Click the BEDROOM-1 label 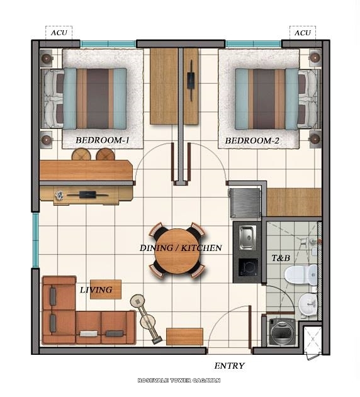click(x=102, y=140)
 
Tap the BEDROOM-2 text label click(x=252, y=140)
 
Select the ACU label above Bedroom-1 click(x=59, y=33)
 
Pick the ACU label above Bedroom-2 click(x=302, y=33)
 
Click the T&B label click(x=280, y=257)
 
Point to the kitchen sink click(x=247, y=237)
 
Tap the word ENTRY click(x=229, y=366)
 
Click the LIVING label click(x=96, y=290)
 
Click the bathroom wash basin click(x=308, y=305)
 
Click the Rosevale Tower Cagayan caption click(x=179, y=381)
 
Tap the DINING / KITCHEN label click(x=180, y=248)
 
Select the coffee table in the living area click(x=105, y=289)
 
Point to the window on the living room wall click(x=35, y=240)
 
